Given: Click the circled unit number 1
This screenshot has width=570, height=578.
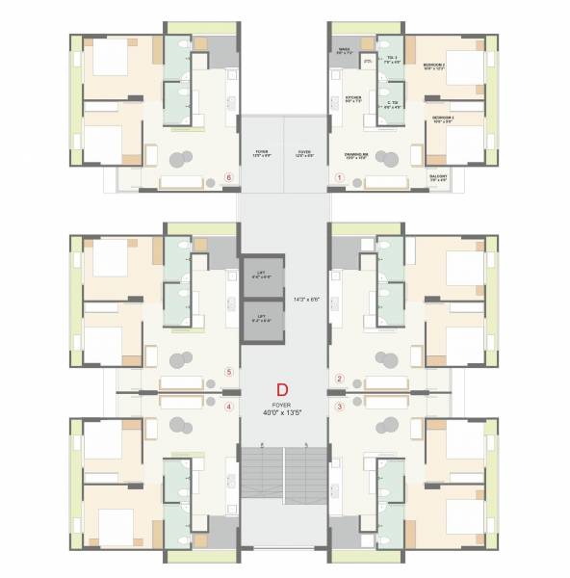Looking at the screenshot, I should point(339,177).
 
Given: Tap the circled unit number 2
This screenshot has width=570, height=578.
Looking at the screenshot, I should point(339,378).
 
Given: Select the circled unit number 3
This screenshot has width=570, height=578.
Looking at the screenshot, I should point(339,407).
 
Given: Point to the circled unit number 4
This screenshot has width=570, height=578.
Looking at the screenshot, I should point(228,407).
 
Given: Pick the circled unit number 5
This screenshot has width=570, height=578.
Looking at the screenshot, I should point(228,371).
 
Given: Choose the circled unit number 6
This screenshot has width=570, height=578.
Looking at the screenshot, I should point(228,177).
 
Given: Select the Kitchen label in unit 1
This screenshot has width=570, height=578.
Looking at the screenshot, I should point(353,99).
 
